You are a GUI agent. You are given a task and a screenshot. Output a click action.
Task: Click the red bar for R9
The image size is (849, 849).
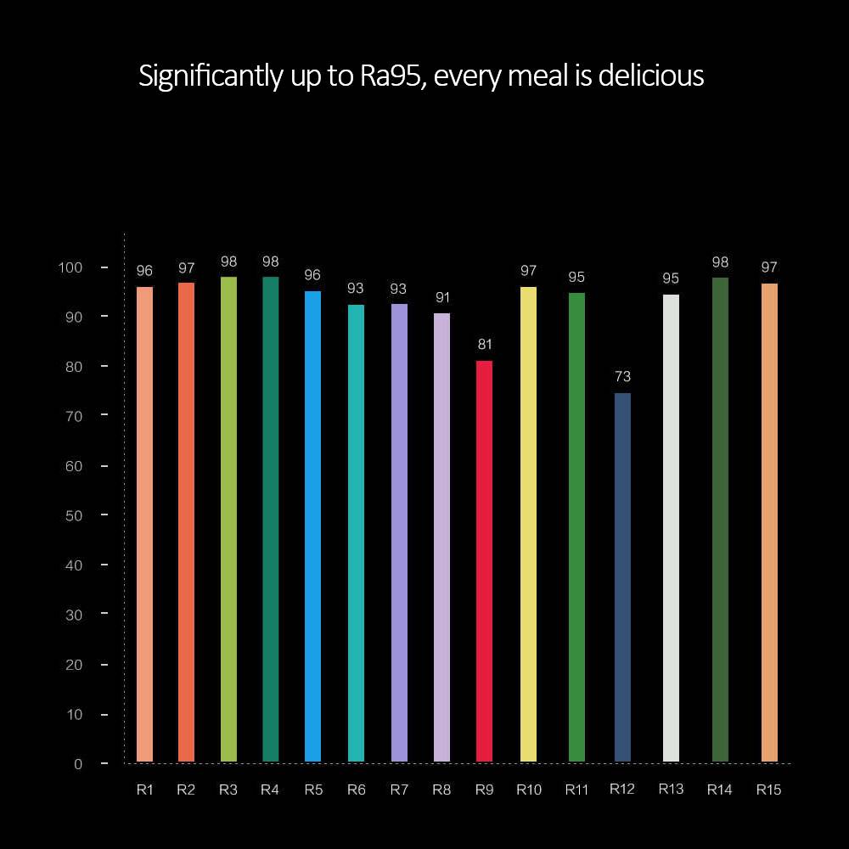[x=484, y=560]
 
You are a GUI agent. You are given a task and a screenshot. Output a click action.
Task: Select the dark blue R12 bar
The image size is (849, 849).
[x=622, y=577]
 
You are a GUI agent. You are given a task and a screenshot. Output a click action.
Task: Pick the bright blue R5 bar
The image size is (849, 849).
[x=312, y=526]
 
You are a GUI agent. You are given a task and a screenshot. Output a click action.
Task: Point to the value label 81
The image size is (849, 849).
[x=484, y=344]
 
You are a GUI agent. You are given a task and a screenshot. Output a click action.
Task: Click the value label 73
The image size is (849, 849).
[x=622, y=376]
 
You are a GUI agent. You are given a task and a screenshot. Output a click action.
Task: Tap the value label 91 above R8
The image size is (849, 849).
[x=441, y=297]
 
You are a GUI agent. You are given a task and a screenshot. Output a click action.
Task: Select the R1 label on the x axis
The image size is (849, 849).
[x=144, y=790]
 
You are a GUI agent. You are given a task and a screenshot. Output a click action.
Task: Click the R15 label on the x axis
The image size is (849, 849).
[x=768, y=790]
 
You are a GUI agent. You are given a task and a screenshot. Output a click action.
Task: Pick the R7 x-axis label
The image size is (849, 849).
[x=399, y=790]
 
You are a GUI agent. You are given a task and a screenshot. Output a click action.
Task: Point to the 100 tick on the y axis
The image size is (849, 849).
[x=70, y=267]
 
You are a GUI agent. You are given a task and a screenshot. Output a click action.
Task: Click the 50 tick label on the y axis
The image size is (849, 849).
[x=74, y=515]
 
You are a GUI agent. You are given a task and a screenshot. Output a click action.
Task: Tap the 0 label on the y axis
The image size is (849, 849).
[x=78, y=764]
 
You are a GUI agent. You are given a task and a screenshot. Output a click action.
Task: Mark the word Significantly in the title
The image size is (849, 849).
[x=209, y=76]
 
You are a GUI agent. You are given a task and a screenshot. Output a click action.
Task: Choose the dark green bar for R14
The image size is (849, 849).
[x=720, y=520]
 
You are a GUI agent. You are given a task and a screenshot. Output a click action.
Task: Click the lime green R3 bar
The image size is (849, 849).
[x=228, y=520]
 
